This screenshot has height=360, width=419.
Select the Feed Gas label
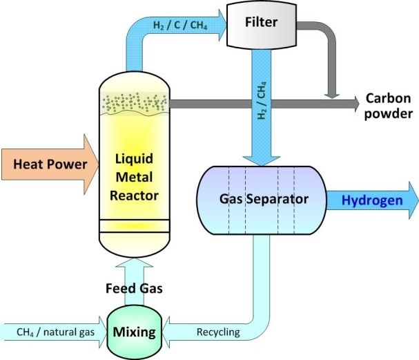(130, 285)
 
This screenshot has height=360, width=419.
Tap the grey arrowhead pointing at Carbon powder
(352, 104)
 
